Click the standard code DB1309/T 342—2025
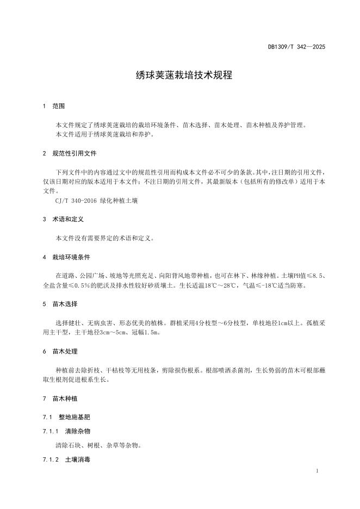(296, 47)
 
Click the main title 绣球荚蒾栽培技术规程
(184, 76)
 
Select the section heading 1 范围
(54, 106)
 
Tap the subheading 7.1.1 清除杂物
(66, 431)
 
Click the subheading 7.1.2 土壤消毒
(66, 460)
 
